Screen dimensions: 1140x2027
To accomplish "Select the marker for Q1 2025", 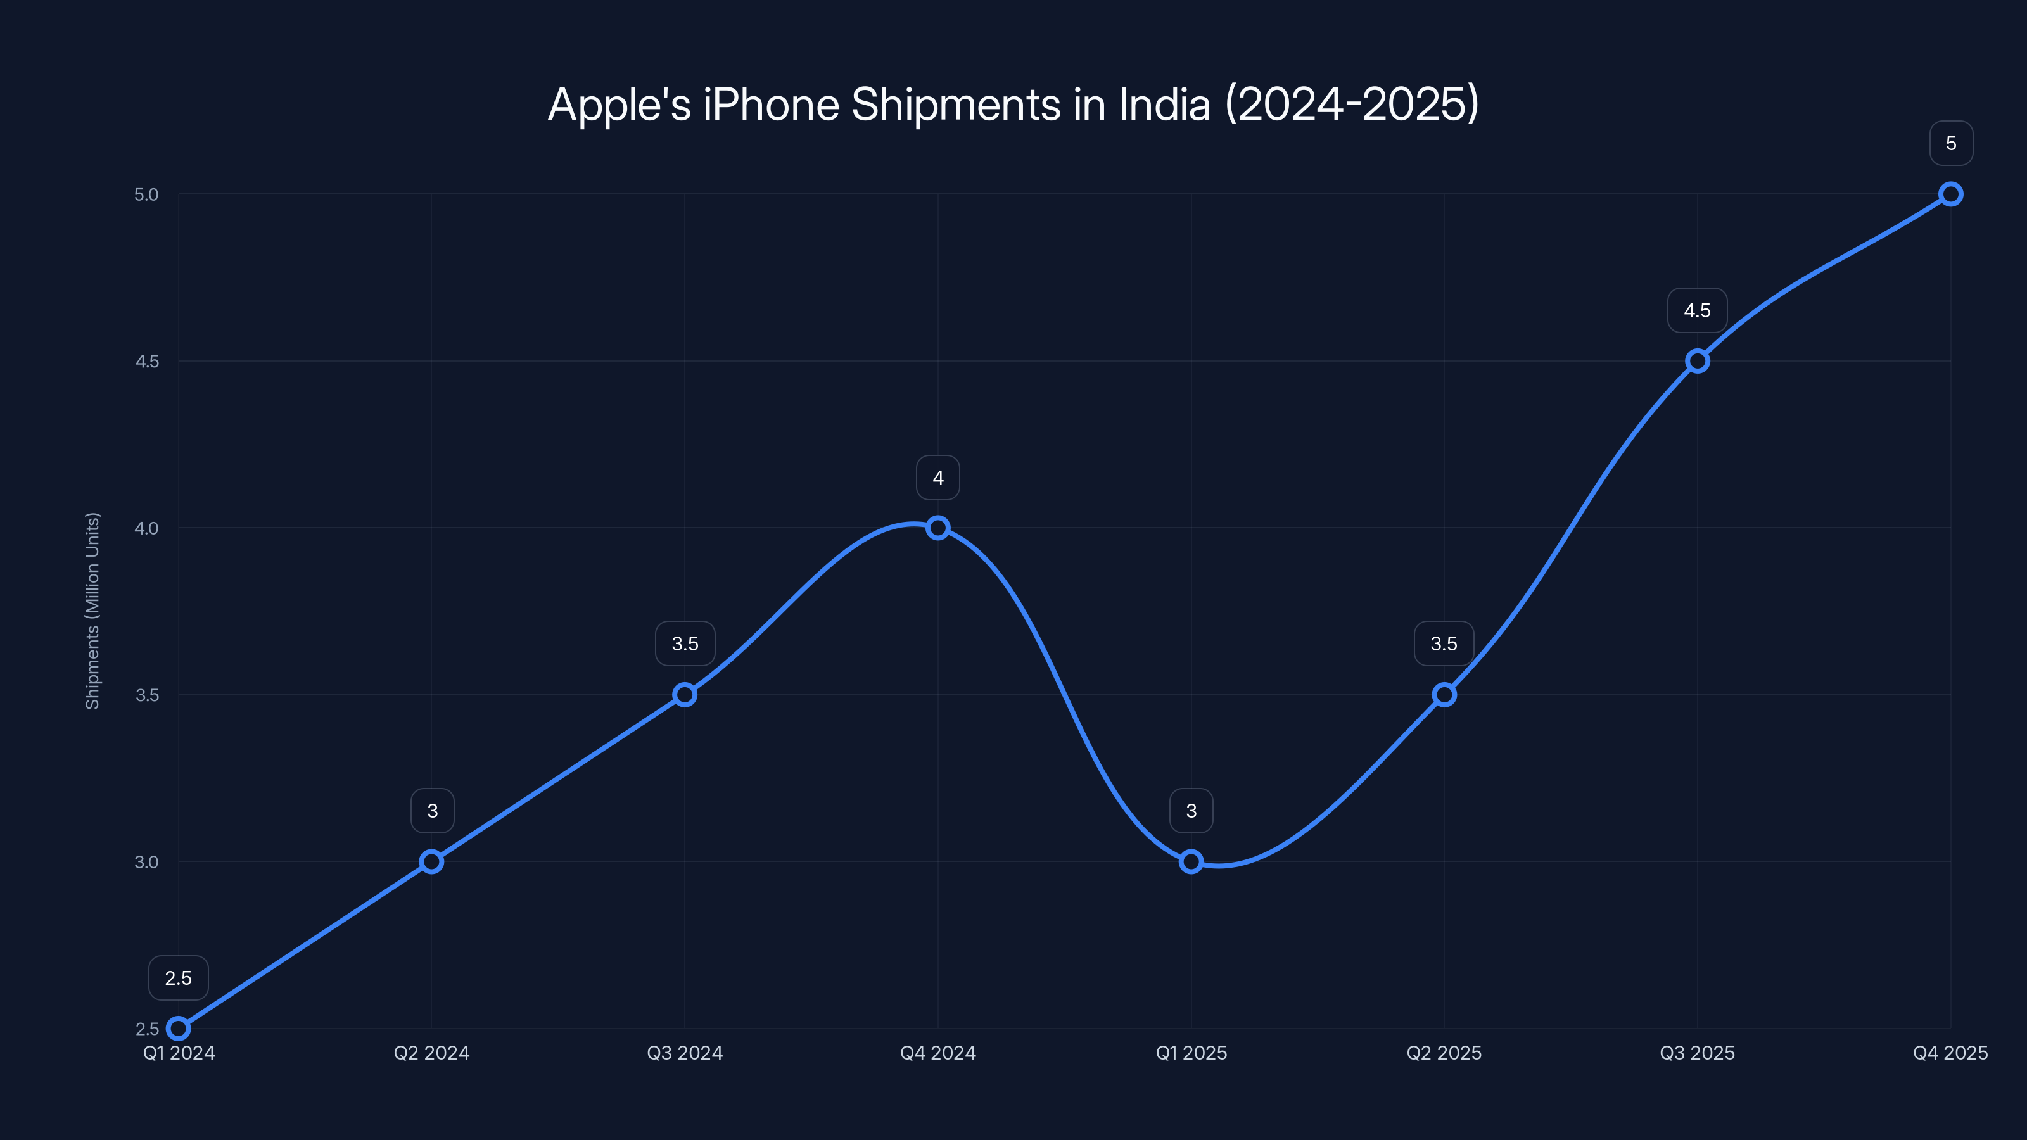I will tap(1191, 861).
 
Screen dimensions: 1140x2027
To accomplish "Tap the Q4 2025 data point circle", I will tap(1950, 194).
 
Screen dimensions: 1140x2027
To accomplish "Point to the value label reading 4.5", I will tap(1696, 311).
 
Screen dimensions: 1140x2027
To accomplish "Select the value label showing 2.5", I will tap(179, 978).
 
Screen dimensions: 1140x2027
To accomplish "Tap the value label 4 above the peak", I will tap(938, 478).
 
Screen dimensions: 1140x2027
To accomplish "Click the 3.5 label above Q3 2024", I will tap(685, 643).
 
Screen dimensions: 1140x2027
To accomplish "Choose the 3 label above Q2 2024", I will tap(432, 811).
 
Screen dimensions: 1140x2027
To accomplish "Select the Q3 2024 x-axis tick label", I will tap(685, 1053).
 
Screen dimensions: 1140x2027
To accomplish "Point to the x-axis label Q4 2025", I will tap(1950, 1053).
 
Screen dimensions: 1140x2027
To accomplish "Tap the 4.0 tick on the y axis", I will tap(146, 528).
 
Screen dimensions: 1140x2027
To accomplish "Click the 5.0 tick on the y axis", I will tap(146, 194).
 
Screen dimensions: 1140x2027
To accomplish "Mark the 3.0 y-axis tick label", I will tap(146, 861).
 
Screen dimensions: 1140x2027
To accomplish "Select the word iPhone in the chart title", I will tap(771, 104).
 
